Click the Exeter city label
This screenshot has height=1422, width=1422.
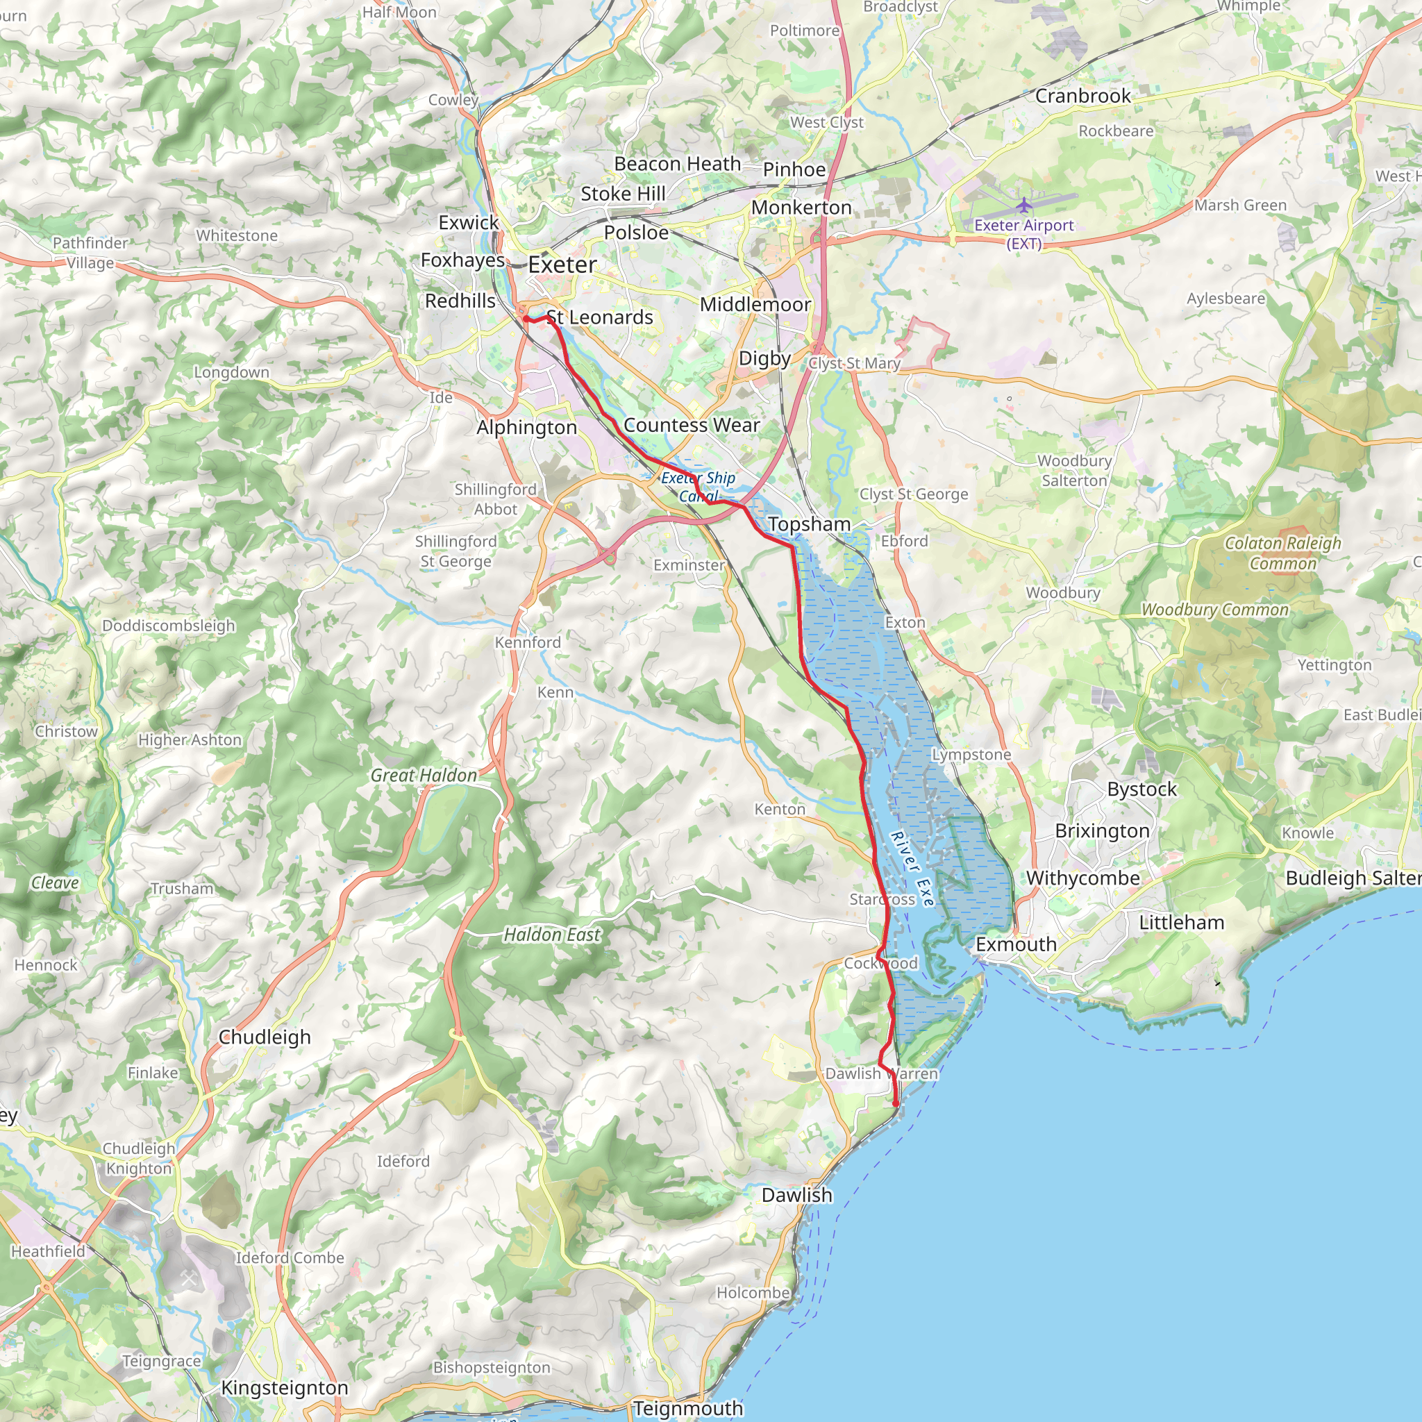[562, 265]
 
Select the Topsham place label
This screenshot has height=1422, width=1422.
[809, 524]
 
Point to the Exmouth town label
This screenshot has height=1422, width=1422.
[1016, 944]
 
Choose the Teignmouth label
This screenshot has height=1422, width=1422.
[687, 1408]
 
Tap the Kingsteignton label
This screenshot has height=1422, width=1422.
[285, 1387]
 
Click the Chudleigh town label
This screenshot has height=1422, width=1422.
[265, 1037]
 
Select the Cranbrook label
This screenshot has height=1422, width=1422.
[1082, 97]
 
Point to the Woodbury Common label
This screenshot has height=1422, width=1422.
[1214, 610]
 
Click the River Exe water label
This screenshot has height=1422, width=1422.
[912, 869]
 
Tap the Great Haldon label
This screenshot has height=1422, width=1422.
[424, 775]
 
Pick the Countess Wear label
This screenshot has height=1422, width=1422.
[691, 426]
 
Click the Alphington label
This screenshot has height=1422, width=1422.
[526, 428]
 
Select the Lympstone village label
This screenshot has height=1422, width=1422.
[971, 755]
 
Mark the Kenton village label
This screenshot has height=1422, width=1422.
[780, 810]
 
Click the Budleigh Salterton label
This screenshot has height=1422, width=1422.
[1353, 878]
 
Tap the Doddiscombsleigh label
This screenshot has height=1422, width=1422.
[169, 626]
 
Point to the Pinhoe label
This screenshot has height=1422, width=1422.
[794, 169]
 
